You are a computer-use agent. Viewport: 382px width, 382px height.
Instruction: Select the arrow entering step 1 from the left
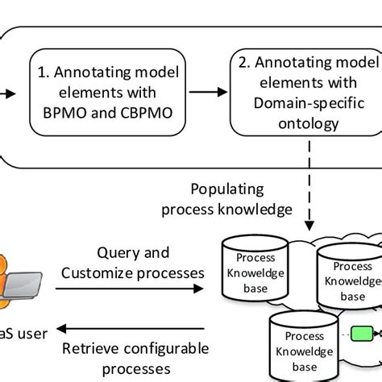6,92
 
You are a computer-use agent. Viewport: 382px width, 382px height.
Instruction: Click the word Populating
226,190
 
